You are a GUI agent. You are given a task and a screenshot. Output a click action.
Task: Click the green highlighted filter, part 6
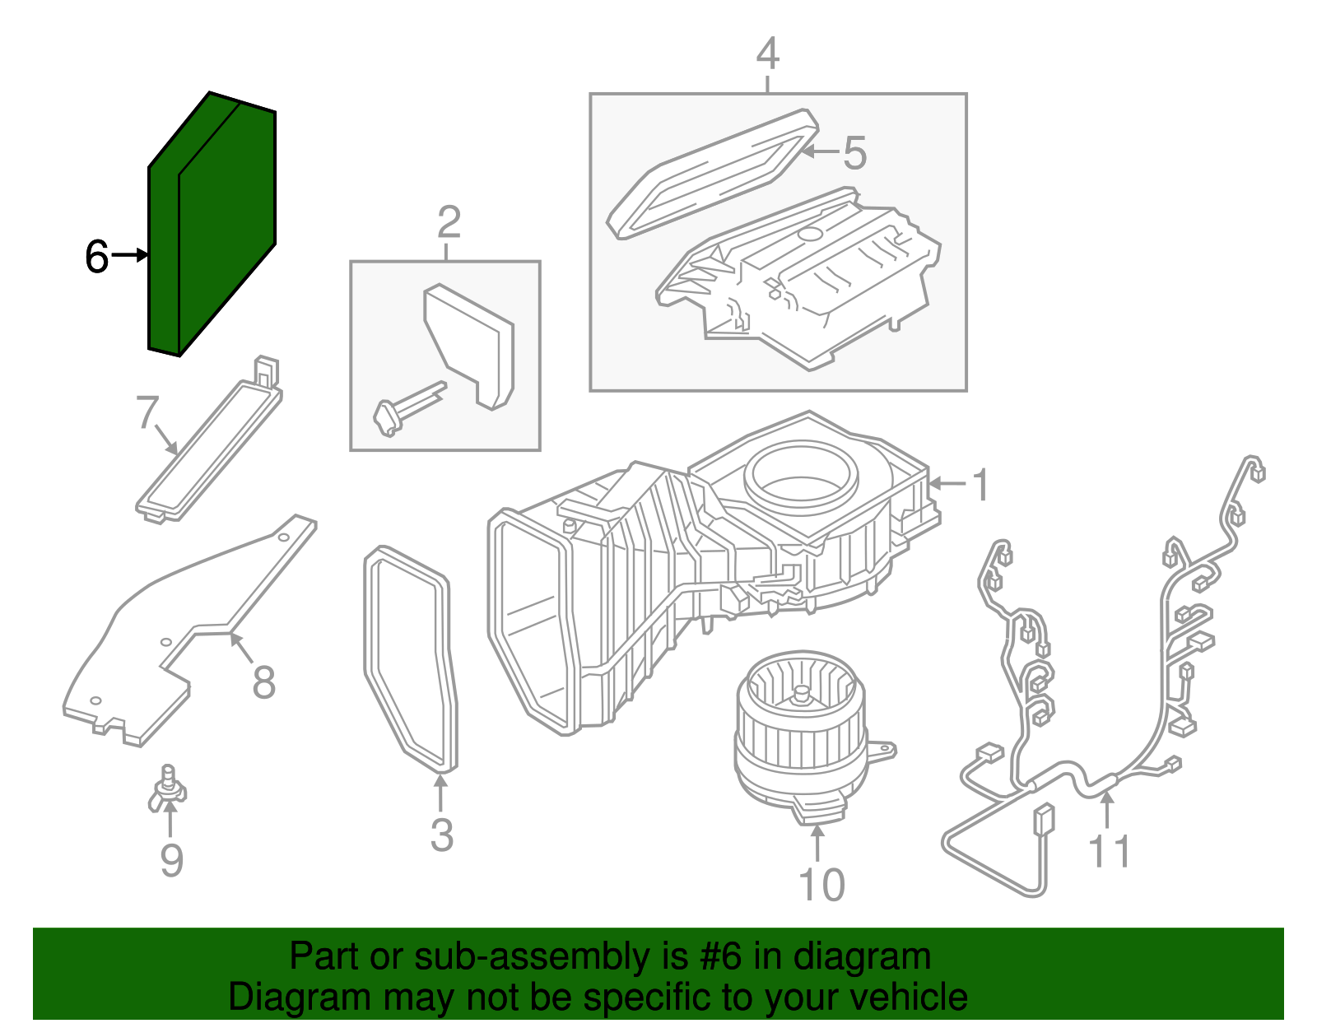(x=212, y=226)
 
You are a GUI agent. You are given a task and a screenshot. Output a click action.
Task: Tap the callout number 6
(x=96, y=257)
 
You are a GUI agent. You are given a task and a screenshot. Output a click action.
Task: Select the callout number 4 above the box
(x=767, y=54)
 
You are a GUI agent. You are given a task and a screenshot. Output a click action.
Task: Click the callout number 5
(x=854, y=154)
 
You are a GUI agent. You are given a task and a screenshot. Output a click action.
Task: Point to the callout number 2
(x=449, y=222)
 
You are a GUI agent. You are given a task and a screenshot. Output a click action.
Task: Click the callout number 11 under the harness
(x=1109, y=852)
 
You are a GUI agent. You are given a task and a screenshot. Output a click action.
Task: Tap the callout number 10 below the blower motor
(x=821, y=886)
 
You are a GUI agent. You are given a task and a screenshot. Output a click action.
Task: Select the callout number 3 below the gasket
(x=442, y=835)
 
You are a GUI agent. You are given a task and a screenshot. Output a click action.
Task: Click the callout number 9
(x=171, y=861)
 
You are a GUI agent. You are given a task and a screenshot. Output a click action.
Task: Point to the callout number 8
(x=263, y=682)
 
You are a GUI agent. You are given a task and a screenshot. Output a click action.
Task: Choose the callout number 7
(x=147, y=412)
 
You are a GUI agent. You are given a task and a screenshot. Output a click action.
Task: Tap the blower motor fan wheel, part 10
(x=800, y=724)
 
